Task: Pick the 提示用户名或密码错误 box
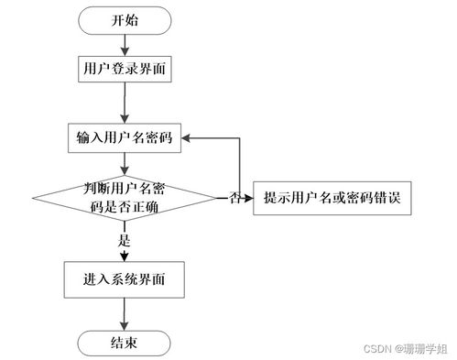(x=337, y=197)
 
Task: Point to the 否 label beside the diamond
(x=235, y=198)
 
